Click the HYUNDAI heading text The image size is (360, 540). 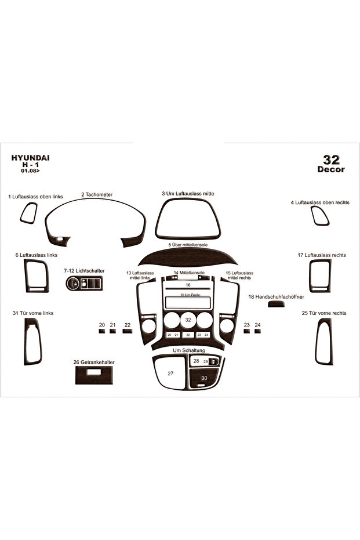pos(30,158)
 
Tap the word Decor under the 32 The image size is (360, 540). pos(331,169)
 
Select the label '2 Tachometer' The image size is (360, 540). pos(97,194)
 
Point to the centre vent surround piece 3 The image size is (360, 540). pos(188,235)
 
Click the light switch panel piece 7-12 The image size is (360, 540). pos(84,283)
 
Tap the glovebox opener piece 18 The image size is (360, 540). pos(277,304)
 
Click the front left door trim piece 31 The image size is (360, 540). pos(27,341)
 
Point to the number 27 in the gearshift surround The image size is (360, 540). pos(170,374)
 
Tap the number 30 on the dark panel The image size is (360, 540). pos(205,378)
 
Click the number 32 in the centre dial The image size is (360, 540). pos(188,320)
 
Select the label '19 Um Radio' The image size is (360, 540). pos(190,295)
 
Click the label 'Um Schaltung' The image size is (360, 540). pos(189,350)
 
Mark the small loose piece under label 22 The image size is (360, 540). pos(128,331)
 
